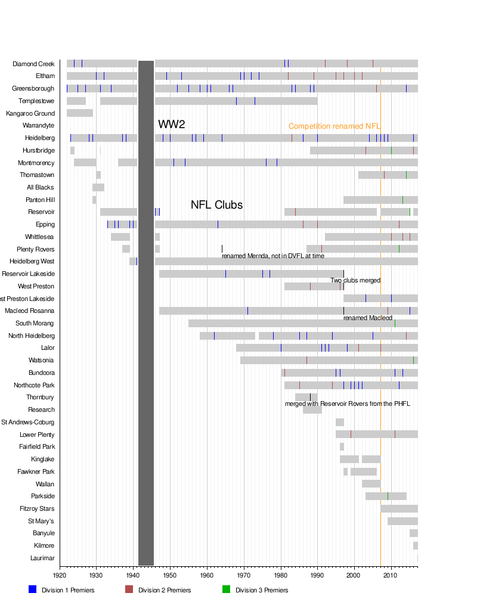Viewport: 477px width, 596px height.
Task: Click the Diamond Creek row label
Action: [x=33, y=64]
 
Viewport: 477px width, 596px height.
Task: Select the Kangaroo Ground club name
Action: [x=30, y=113]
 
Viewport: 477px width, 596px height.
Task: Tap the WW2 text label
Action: [x=172, y=125]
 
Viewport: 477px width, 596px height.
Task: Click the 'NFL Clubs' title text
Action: [x=216, y=205]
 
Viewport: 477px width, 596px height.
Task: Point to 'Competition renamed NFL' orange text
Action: [x=334, y=126]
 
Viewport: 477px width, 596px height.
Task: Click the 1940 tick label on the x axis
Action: [x=134, y=575]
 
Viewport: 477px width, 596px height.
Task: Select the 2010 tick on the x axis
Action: [x=391, y=575]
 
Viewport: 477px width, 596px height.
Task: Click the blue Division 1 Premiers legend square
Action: [x=33, y=589]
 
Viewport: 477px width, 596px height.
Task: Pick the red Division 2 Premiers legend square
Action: [x=129, y=589]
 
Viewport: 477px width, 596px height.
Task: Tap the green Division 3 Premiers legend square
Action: [x=226, y=589]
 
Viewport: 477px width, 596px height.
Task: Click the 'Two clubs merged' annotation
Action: [x=355, y=281]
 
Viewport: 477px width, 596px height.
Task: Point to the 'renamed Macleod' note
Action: [x=367, y=318]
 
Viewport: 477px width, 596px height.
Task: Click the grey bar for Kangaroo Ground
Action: [x=80, y=113]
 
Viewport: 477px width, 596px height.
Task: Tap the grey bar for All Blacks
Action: [x=98, y=187]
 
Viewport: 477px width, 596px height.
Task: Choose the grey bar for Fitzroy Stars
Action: [x=399, y=508]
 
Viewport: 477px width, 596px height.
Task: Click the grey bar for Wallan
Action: [x=371, y=483]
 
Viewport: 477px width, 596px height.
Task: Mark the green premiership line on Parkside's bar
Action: [x=388, y=496]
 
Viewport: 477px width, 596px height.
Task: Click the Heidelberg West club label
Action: [x=32, y=261]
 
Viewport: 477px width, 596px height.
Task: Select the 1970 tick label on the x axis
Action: [x=244, y=575]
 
